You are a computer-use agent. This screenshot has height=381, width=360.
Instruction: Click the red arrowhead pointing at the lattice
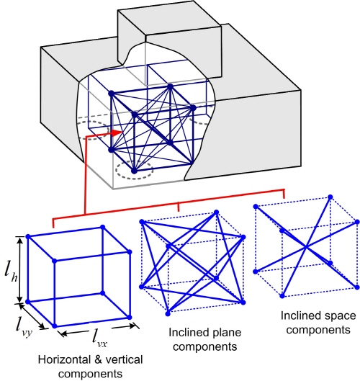tap(117, 133)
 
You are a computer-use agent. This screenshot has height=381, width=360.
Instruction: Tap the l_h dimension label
tap(11, 274)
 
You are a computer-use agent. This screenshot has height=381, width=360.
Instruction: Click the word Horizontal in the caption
tap(63, 360)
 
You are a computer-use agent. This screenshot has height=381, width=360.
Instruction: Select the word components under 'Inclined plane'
tap(204, 347)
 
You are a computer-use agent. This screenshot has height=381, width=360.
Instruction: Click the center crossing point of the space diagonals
tap(306, 247)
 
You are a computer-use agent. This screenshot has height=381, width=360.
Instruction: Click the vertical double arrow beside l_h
tap(20, 269)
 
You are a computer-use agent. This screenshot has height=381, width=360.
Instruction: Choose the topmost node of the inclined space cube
tap(330, 197)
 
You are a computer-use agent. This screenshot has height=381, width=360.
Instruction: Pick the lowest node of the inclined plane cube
tap(168, 314)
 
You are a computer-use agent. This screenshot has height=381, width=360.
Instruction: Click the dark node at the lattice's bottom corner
tap(135, 171)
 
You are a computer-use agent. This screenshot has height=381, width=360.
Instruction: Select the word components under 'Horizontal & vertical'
tap(91, 374)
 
